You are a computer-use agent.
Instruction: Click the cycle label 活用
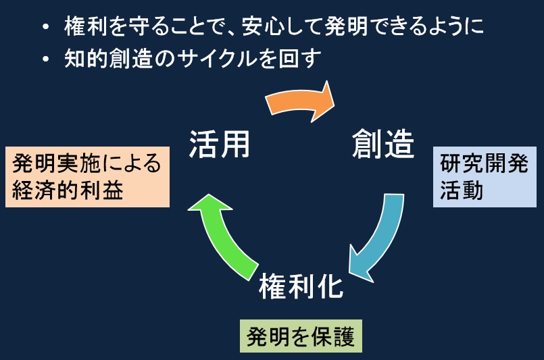pos(219,145)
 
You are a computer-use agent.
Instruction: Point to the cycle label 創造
pos(383,144)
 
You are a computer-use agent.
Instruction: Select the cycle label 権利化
pos(301,286)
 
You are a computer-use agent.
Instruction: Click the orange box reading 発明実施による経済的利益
pos(87,177)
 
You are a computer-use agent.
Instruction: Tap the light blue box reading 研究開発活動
pos(485,177)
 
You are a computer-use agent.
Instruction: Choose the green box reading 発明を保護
pos(301,336)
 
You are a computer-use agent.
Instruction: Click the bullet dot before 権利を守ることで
pos(46,27)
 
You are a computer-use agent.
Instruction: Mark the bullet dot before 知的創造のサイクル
pos(46,59)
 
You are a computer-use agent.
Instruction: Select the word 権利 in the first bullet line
pos(85,26)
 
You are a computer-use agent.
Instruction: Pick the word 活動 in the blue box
pos(462,190)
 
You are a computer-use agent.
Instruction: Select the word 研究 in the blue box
pos(462,163)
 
